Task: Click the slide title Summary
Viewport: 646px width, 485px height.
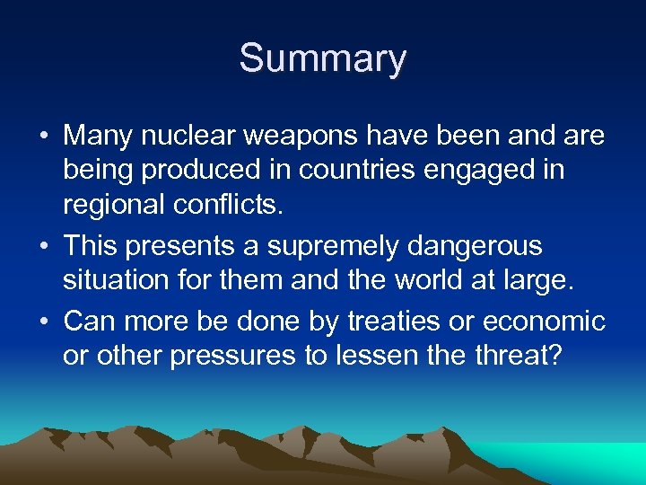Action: (322, 59)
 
